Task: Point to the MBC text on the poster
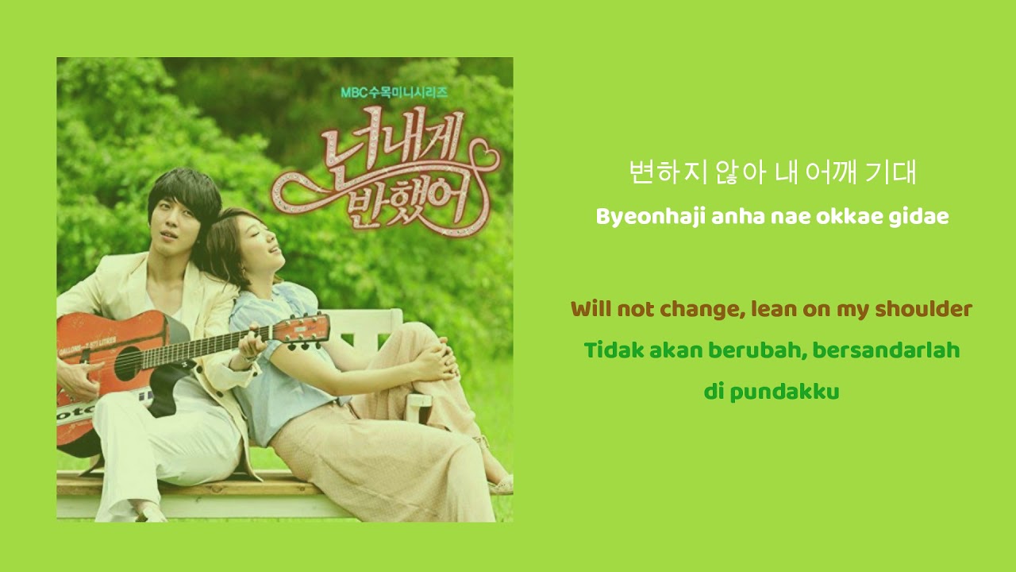tap(353, 92)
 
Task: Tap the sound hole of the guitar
tap(129, 363)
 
